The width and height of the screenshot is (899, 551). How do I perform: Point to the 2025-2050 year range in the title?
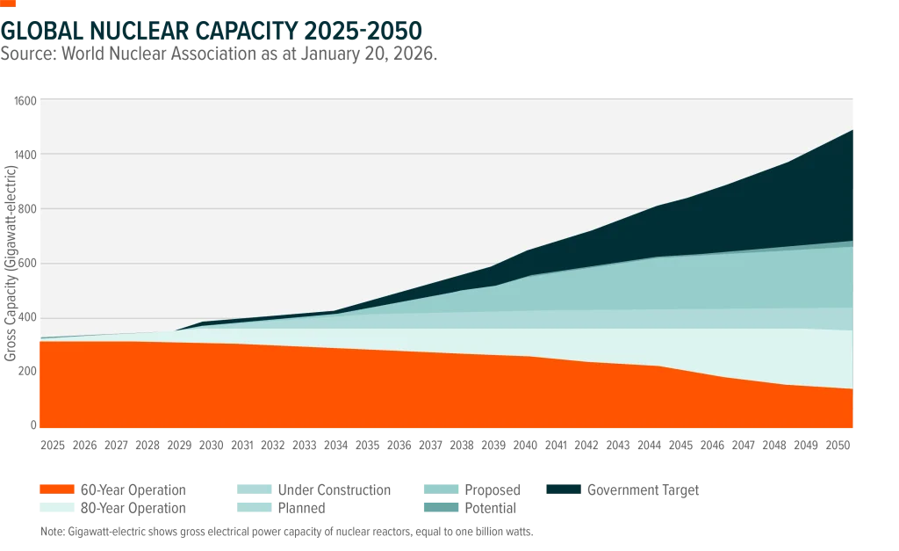(368, 29)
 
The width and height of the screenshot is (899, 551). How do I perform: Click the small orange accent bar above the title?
(10, 4)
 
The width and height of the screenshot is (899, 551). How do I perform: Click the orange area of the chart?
(263, 387)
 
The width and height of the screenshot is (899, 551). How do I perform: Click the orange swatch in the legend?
(55, 488)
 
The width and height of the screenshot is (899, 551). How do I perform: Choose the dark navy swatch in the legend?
(562, 489)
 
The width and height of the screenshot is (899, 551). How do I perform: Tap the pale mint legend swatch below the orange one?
(55, 505)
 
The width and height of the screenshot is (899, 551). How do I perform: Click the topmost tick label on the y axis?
(25, 98)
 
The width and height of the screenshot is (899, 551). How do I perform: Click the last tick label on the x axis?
(822, 443)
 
